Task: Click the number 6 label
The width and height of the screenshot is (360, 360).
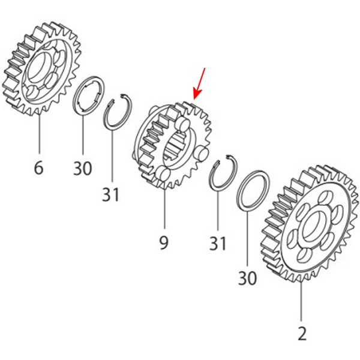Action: [38, 167]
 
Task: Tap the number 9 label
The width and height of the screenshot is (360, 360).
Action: [164, 242]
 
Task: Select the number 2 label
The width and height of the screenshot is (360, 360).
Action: [302, 334]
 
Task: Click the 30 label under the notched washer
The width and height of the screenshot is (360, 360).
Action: [82, 168]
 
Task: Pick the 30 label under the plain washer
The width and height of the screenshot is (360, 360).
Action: [247, 278]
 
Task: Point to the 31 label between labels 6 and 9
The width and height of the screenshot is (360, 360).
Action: [110, 194]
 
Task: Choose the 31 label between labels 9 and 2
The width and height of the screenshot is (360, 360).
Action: [218, 244]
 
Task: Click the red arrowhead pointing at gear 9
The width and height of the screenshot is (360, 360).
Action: [196, 95]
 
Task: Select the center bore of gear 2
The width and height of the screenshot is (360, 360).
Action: [313, 226]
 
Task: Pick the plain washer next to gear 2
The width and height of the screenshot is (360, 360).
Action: [253, 190]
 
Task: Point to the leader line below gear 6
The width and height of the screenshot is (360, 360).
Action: [40, 134]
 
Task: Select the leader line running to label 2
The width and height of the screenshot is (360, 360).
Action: [301, 301]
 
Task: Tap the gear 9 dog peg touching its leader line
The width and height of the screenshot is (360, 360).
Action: [163, 175]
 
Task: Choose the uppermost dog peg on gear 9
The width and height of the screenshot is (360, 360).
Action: [182, 124]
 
